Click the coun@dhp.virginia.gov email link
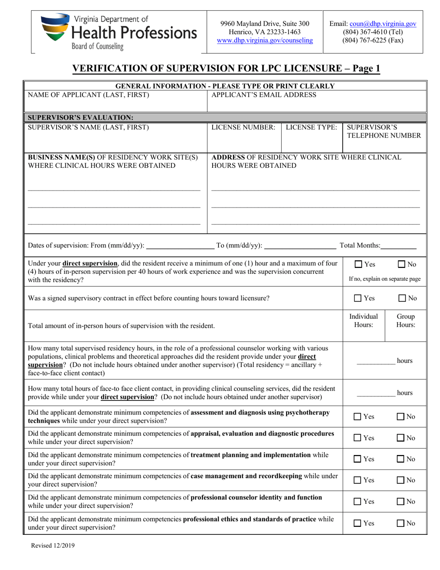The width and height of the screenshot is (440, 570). [383, 23]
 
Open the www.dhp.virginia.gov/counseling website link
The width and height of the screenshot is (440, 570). [265, 40]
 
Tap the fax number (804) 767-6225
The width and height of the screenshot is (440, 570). [372, 40]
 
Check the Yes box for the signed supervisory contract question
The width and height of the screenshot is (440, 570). [358, 298]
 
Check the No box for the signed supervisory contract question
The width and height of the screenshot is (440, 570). [401, 298]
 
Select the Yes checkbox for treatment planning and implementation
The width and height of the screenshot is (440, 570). [358, 459]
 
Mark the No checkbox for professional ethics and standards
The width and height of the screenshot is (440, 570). [401, 523]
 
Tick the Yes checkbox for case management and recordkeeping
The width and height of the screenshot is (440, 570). [358, 480]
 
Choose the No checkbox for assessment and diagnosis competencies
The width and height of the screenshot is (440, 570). [401, 417]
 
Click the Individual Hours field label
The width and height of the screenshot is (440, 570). [364, 320]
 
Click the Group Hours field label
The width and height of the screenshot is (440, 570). [406, 320]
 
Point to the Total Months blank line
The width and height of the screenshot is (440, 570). [399, 246]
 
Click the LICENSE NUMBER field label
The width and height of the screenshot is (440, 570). [243, 127]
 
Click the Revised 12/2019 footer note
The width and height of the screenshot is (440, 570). [52, 545]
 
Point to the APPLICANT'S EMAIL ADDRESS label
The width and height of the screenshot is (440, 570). [264, 95]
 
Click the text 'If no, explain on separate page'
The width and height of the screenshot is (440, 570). [384, 279]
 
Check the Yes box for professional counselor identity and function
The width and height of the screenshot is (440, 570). [358, 501]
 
